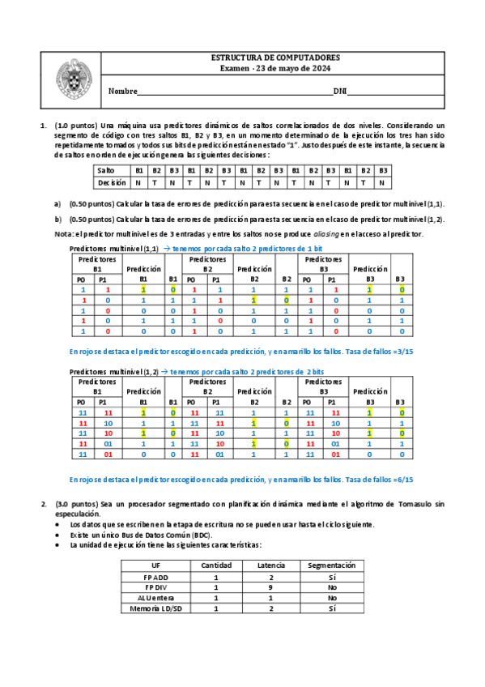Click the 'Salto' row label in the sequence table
point(105,171)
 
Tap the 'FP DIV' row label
point(157,587)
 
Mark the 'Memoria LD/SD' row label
point(157,608)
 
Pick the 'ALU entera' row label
point(157,597)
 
